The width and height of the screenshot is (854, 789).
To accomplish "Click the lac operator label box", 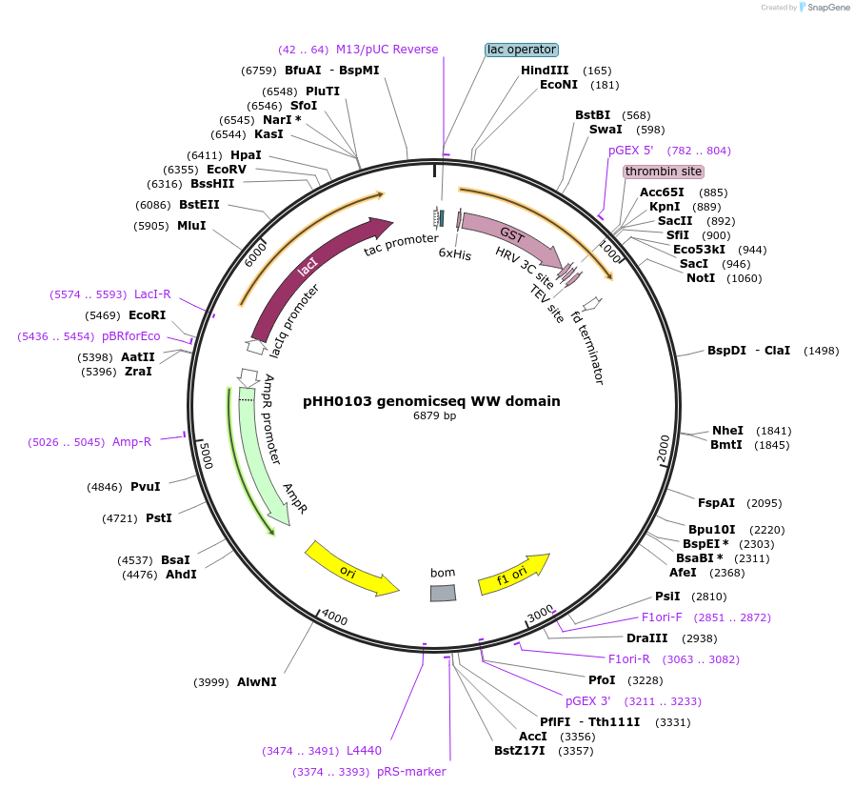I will [521, 50].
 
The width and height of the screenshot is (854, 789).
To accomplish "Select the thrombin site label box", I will [664, 172].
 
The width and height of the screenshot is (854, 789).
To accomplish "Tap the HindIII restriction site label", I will [545, 71].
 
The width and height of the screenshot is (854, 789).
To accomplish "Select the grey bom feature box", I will [443, 593].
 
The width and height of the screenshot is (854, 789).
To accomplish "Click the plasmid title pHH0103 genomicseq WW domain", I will [431, 401].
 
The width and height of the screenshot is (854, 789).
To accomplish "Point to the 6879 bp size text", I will [434, 416].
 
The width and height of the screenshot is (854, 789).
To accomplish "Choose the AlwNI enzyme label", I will [256, 682].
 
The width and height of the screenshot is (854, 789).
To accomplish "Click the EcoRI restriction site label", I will [147, 314].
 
